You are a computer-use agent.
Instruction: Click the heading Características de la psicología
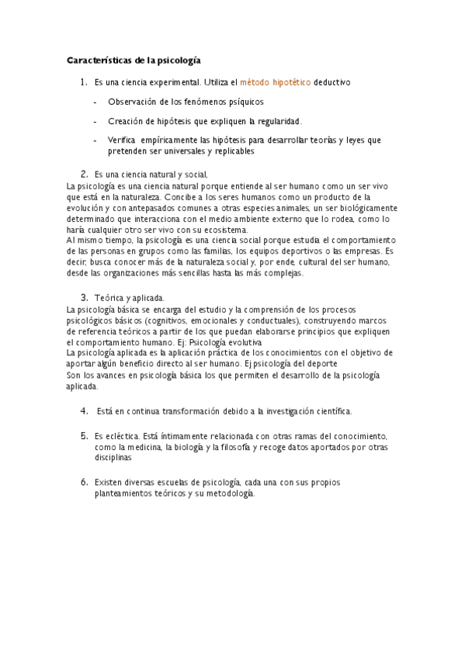click(x=134, y=59)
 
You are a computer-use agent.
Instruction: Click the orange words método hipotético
click(x=276, y=81)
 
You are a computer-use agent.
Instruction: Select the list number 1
click(x=83, y=81)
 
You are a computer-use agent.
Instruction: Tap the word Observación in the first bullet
click(x=133, y=101)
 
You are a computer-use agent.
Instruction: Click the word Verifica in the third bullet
click(x=122, y=140)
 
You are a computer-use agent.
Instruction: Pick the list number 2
click(x=84, y=174)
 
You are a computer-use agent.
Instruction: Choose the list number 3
click(x=84, y=298)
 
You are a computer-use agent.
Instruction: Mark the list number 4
click(x=84, y=410)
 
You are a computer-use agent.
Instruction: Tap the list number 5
click(x=84, y=436)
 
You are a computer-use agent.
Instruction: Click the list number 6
click(x=84, y=482)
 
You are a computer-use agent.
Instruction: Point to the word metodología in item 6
click(x=229, y=493)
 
